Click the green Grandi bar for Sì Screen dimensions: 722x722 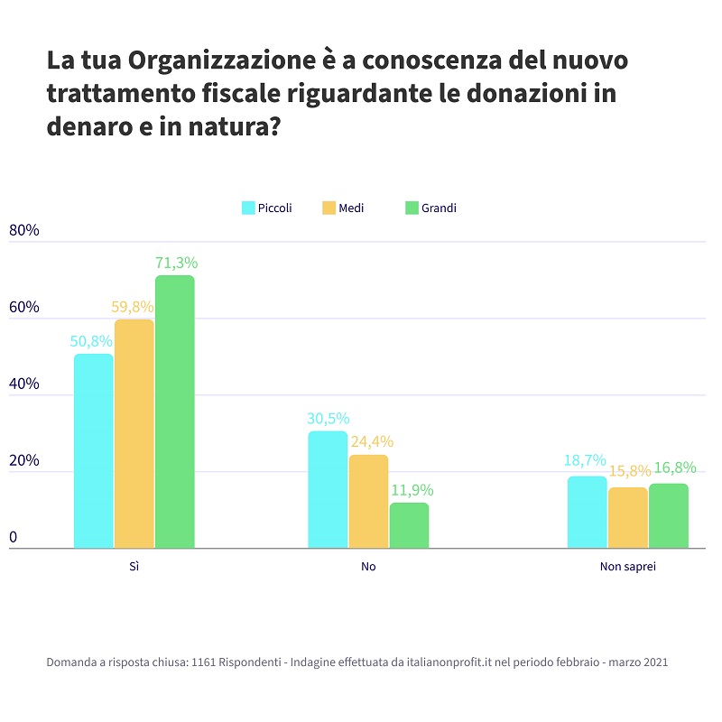coord(174,412)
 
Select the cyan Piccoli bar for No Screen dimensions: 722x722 coord(328,489)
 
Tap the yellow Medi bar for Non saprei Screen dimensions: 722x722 coord(628,517)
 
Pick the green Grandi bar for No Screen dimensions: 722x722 coord(409,525)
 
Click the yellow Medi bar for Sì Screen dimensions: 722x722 coord(134,433)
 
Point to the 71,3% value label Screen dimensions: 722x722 coord(176,264)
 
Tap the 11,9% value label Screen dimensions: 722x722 coord(412,490)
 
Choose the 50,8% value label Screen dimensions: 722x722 coord(91,341)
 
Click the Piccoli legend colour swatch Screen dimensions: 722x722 coord(248,208)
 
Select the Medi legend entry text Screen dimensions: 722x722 coord(351,208)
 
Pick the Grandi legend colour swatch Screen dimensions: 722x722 coord(412,208)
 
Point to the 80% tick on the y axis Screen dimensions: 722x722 coord(24,230)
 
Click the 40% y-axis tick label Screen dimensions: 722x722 coord(24,384)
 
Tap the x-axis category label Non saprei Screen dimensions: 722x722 coord(627,568)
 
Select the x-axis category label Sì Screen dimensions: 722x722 coord(134,568)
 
